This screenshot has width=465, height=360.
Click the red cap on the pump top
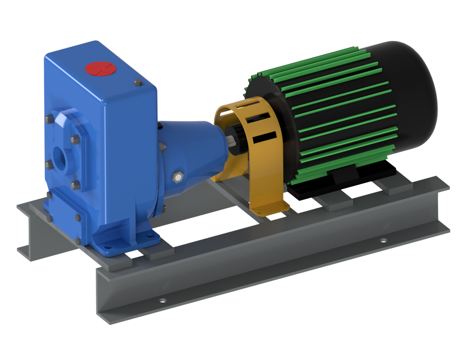[x=100, y=69]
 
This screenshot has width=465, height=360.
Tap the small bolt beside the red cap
[x=137, y=83]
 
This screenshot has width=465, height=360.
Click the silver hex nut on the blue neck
[x=177, y=177]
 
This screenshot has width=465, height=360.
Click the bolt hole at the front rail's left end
[x=162, y=300]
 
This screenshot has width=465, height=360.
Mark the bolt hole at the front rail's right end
[x=383, y=240]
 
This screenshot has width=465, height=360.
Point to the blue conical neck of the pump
[x=191, y=144]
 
